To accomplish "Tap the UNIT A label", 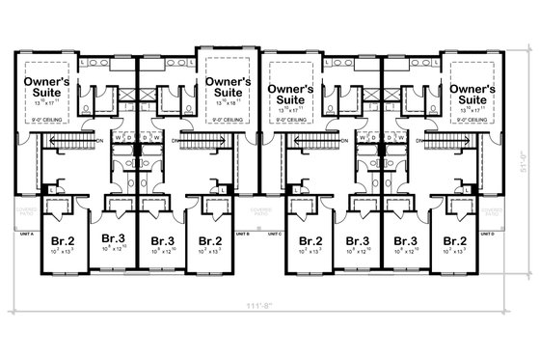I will (x=26, y=234).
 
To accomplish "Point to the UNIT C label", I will (x=275, y=234).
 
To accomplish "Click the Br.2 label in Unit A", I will (x=62, y=239).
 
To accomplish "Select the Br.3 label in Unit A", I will (x=113, y=239).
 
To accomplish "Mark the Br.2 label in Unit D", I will (x=454, y=239).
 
